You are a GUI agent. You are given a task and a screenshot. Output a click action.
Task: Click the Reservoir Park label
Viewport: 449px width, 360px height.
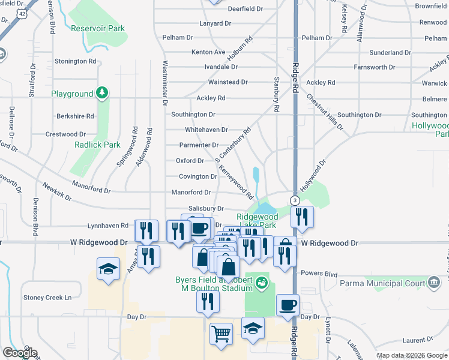point(97,28)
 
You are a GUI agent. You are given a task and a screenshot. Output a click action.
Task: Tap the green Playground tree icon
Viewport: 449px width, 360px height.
point(103,92)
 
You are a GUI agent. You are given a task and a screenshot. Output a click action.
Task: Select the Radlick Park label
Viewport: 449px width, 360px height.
point(97,145)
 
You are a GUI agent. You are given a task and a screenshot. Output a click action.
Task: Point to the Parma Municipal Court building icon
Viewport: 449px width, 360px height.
point(433,283)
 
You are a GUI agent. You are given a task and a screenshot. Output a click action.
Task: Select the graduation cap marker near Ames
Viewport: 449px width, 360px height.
point(108,268)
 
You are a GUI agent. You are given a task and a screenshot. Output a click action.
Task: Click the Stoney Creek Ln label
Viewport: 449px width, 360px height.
point(47,297)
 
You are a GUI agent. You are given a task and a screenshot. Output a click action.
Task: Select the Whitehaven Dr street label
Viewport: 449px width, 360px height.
point(206,129)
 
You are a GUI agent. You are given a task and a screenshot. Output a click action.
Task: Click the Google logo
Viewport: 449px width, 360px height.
point(19,353)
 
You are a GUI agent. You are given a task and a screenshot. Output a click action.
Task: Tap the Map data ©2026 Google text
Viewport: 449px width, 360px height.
point(412,355)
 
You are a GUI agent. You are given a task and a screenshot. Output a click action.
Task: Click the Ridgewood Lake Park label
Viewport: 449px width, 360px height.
point(258,220)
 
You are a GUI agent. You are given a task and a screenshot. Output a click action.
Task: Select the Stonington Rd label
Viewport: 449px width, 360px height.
point(75,61)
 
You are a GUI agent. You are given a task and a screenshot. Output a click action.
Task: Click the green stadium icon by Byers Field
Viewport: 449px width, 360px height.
point(262,282)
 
